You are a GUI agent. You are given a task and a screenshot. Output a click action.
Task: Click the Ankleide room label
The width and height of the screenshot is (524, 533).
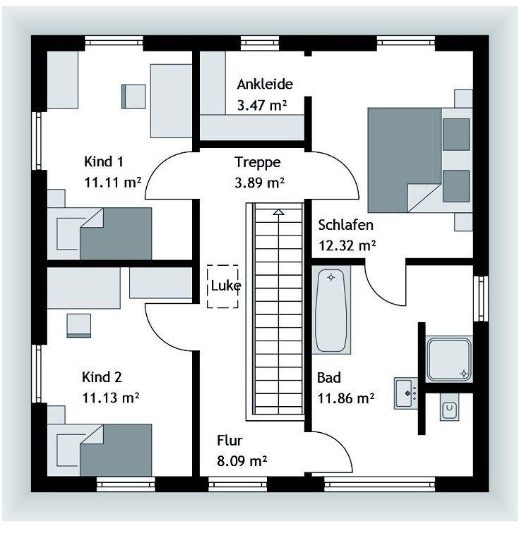(x=265, y=85)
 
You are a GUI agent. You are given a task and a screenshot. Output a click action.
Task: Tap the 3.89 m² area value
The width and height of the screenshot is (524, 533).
(x=260, y=183)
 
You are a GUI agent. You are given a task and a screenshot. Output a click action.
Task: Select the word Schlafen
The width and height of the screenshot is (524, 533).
(x=345, y=225)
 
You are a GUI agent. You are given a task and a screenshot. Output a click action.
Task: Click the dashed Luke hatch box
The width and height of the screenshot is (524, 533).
(x=222, y=286)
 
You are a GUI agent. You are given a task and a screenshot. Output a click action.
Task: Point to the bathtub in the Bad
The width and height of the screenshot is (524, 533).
(x=331, y=310)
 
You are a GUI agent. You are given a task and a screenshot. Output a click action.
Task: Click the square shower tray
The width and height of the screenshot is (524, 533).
(x=449, y=360)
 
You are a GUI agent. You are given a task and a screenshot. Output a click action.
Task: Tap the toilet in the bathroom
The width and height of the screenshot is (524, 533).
(x=449, y=408)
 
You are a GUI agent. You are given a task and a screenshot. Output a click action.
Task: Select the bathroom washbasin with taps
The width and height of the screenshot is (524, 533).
(x=406, y=393)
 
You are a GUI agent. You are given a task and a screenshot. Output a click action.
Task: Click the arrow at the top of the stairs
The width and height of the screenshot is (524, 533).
(x=279, y=212)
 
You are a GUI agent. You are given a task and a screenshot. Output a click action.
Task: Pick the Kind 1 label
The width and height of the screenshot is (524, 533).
(x=104, y=161)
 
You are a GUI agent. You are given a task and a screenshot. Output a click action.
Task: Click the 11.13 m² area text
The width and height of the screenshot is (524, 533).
(x=111, y=398)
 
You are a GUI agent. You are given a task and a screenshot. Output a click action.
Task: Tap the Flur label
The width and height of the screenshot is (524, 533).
(x=230, y=441)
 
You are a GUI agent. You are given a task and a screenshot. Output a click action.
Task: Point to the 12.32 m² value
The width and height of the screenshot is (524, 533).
(x=347, y=245)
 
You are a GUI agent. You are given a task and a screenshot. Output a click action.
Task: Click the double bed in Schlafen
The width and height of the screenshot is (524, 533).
(x=420, y=160)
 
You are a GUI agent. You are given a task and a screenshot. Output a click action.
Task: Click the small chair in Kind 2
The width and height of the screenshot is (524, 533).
(x=79, y=326)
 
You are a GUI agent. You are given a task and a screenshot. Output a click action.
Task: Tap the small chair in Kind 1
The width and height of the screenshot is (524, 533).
(x=133, y=97)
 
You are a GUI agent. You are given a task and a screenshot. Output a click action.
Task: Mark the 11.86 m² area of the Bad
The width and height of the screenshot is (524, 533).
(x=346, y=398)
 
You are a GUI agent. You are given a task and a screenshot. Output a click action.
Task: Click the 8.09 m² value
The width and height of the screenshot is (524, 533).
(x=242, y=461)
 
